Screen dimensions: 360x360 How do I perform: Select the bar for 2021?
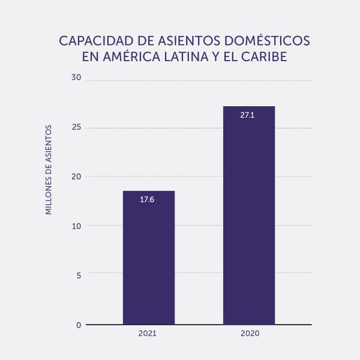(x=148, y=258)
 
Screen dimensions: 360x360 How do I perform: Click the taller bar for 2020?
(x=248, y=216)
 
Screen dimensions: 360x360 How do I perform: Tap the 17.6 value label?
(x=147, y=199)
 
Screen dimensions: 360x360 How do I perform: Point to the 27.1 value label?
(x=247, y=115)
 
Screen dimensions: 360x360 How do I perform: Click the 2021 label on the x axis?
(x=147, y=333)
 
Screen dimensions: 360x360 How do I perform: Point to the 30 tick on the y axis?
(x=76, y=77)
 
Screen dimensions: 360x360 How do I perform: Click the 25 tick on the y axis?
(x=76, y=127)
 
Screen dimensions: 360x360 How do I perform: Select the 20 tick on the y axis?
(x=76, y=176)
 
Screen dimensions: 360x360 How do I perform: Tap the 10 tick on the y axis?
(x=76, y=226)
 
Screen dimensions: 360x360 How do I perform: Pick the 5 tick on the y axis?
(x=78, y=275)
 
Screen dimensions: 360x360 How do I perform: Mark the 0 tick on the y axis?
(x=78, y=325)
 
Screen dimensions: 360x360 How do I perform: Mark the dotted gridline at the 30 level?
(x=198, y=80)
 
